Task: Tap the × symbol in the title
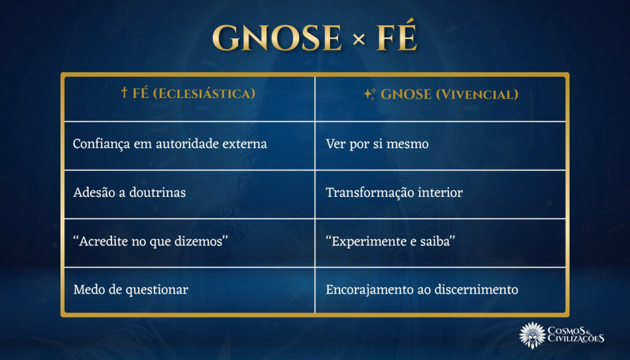tap(359, 41)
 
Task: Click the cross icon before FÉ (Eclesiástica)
tap(124, 94)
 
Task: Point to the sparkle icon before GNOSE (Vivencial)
tap(369, 94)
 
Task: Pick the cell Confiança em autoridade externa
tap(170, 144)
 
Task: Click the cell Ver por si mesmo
tap(377, 144)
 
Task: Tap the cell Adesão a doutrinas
tap(129, 193)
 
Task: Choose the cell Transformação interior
tap(394, 193)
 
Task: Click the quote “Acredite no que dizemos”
tap(151, 241)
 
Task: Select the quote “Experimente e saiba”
tap(390, 241)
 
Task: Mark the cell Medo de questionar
tap(130, 289)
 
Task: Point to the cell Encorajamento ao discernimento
tap(421, 289)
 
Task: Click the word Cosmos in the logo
tap(570, 329)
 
